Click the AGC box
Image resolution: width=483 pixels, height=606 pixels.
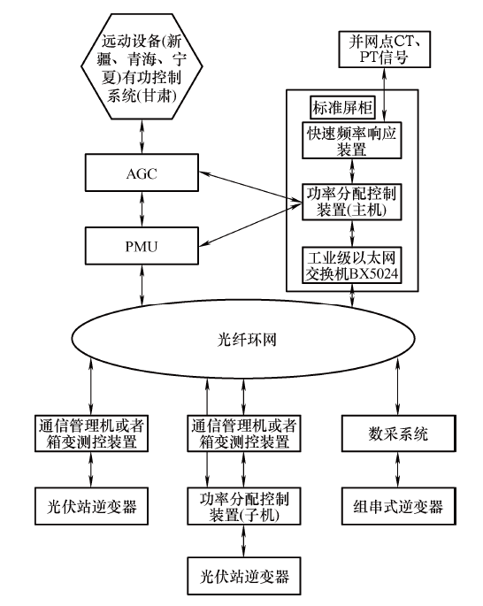pyautogui.click(x=142, y=173)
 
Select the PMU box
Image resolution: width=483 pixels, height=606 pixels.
pyautogui.click(x=142, y=246)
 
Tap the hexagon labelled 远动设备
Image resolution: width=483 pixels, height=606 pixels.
pyautogui.click(x=142, y=66)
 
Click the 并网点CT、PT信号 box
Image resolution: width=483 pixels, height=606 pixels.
pyautogui.click(x=384, y=50)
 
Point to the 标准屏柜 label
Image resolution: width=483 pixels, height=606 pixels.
pyautogui.click(x=342, y=107)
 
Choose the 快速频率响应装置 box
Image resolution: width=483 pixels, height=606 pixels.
pyautogui.click(x=351, y=141)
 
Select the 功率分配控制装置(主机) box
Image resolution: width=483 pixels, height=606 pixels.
pyautogui.click(x=351, y=202)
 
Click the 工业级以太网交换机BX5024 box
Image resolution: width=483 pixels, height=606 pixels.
pyautogui.click(x=351, y=265)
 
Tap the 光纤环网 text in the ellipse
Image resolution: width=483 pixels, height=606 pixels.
pyautogui.click(x=248, y=340)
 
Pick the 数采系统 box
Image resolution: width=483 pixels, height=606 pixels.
pyautogui.click(x=398, y=433)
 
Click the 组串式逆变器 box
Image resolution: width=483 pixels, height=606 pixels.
pyautogui.click(x=398, y=506)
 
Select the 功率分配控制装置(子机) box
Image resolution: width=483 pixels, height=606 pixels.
pyautogui.click(x=244, y=506)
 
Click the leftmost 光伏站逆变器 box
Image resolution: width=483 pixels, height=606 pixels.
pyautogui.click(x=91, y=506)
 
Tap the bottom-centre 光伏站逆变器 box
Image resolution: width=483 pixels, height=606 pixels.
pyautogui.click(x=244, y=576)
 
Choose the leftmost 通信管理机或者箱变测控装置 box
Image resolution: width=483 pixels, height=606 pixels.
pyautogui.click(x=91, y=433)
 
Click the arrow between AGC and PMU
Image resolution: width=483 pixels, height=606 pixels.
pyautogui.click(x=142, y=209)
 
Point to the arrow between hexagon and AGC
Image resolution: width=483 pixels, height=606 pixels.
pyautogui.click(x=142, y=136)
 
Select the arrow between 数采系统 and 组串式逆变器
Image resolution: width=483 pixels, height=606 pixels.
pyautogui.click(x=398, y=469)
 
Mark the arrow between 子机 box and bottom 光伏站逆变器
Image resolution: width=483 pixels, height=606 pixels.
pyautogui.click(x=243, y=541)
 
